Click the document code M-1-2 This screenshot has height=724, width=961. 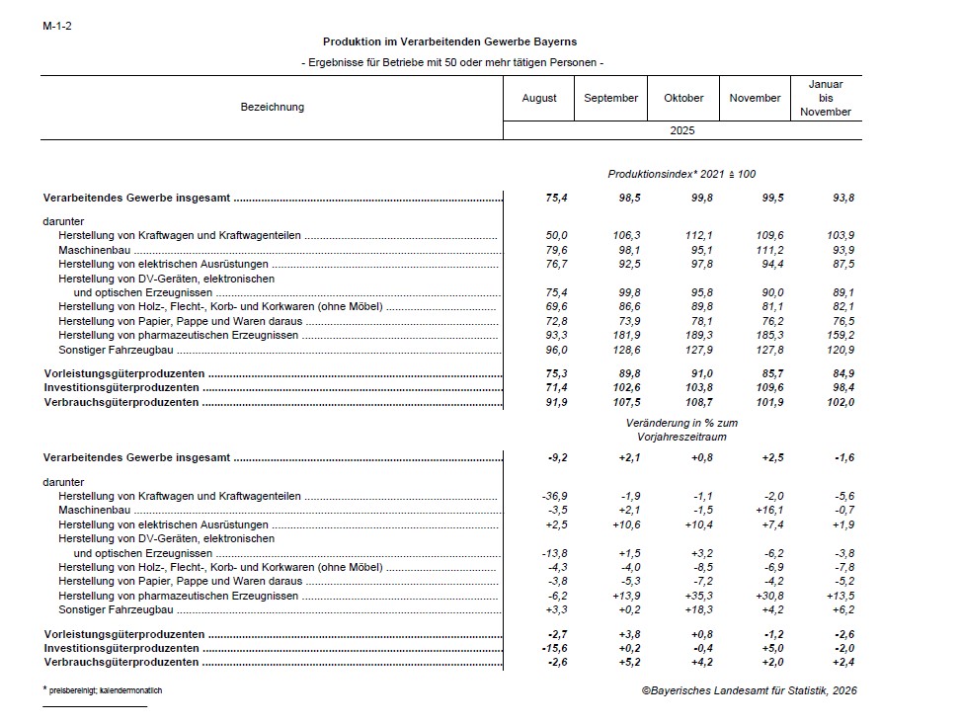pyautogui.click(x=57, y=26)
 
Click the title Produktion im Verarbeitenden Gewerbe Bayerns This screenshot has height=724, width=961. pyautogui.click(x=449, y=42)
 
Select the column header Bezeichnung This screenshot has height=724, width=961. pyautogui.click(x=273, y=107)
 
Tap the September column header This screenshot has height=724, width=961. pyautogui.click(x=610, y=98)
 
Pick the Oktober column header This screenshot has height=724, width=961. pyautogui.click(x=683, y=98)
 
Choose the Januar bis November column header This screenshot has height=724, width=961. pyautogui.click(x=826, y=98)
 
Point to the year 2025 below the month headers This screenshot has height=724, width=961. pyautogui.click(x=683, y=130)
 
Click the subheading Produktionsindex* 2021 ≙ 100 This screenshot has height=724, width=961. pyautogui.click(x=681, y=174)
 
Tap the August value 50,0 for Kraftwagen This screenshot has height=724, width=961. pyautogui.click(x=557, y=235)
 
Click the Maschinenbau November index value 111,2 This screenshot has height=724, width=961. pyautogui.click(x=769, y=250)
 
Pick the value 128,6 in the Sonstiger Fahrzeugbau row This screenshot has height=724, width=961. pyautogui.click(x=626, y=350)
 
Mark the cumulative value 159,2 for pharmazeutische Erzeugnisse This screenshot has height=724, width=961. pyautogui.click(x=840, y=336)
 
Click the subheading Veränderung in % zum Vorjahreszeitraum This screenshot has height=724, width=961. pyautogui.click(x=681, y=429)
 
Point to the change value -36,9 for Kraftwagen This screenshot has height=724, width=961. pyautogui.click(x=554, y=496)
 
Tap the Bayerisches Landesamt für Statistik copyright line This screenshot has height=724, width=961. pyautogui.click(x=749, y=690)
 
